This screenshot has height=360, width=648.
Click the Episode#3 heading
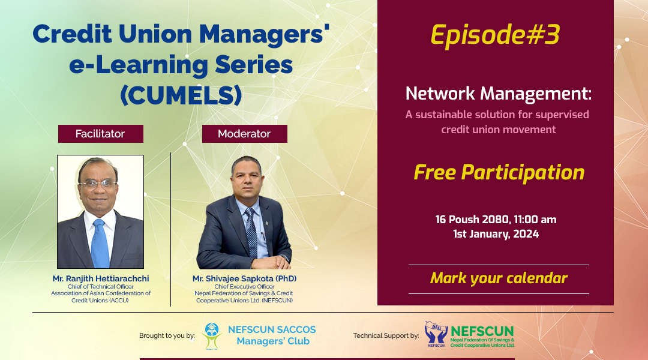click(x=495, y=35)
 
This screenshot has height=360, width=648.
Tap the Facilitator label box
click(x=100, y=134)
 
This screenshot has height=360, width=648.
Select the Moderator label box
click(x=244, y=134)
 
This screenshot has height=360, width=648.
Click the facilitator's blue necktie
click(x=100, y=243)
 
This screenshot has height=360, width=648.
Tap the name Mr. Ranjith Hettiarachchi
click(x=101, y=279)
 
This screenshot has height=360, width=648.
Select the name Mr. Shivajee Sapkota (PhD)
click(x=245, y=279)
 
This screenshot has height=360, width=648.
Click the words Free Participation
click(x=499, y=173)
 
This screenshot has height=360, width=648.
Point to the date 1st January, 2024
click(x=496, y=234)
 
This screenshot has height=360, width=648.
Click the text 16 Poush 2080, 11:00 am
click(x=496, y=220)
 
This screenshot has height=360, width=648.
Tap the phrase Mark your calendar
click(x=499, y=278)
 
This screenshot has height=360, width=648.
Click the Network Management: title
click(x=499, y=94)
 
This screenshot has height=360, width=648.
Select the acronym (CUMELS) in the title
click(x=181, y=95)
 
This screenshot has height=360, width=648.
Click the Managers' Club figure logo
click(x=212, y=336)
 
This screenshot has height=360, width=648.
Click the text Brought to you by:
click(x=167, y=335)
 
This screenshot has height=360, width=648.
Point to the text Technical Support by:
click(x=386, y=335)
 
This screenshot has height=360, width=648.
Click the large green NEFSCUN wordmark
click(x=482, y=331)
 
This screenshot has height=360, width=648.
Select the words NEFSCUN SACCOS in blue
click(x=272, y=330)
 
